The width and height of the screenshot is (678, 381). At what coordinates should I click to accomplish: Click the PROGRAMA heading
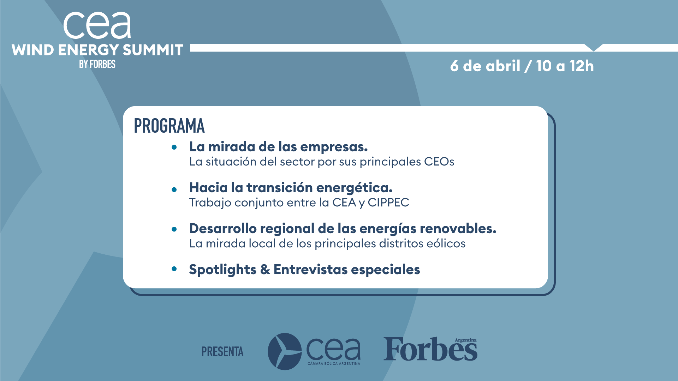point(169,126)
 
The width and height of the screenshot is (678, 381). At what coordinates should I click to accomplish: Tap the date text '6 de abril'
point(485,66)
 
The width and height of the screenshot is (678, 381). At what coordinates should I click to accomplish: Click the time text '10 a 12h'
point(565,66)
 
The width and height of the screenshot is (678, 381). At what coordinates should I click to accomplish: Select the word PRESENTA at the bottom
point(222,352)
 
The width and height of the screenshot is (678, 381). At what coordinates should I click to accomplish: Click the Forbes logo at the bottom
point(430,349)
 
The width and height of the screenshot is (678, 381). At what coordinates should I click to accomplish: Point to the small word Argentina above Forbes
point(465,340)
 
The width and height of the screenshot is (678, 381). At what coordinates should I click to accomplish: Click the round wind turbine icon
point(285,351)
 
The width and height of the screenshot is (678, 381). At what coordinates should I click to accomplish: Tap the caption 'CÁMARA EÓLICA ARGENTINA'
point(334,363)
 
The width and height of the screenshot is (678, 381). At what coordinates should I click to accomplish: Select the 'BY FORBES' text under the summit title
point(97,64)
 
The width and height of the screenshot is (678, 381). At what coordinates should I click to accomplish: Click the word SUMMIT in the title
point(153,50)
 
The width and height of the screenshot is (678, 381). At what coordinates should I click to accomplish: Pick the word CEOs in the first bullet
point(439,162)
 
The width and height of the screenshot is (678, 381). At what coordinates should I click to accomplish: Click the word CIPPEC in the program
point(388,202)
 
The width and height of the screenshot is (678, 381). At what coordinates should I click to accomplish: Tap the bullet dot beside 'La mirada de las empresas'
point(174,147)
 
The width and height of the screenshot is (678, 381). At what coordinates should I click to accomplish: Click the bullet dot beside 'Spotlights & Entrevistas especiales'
point(174,269)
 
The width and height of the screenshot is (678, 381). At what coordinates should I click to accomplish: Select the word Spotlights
point(223,270)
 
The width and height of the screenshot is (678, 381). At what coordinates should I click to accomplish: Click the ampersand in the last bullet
point(265,270)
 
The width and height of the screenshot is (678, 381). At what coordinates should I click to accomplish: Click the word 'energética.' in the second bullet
point(355,188)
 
